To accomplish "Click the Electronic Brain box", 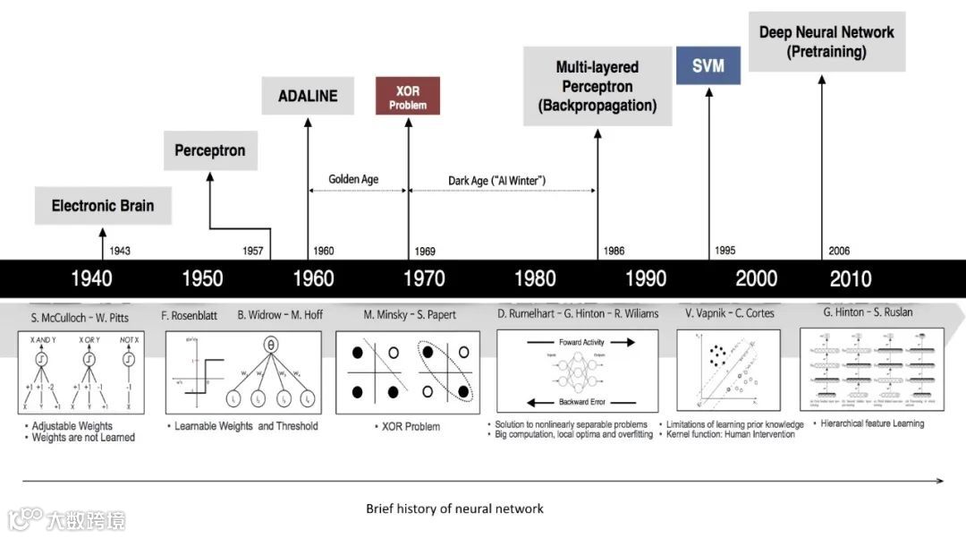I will [x=102, y=206].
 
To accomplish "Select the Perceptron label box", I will [x=210, y=150].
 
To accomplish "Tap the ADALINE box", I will [x=307, y=96].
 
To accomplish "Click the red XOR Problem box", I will [x=407, y=97].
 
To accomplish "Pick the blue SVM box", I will [x=708, y=66].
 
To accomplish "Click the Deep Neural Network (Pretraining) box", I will [x=826, y=42].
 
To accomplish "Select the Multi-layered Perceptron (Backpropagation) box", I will [x=597, y=87].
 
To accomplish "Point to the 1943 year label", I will [x=119, y=252].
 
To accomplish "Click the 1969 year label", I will [x=425, y=252].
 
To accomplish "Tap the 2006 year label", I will [x=839, y=252].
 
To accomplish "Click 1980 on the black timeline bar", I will [x=535, y=278].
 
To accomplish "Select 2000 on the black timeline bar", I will [x=756, y=278].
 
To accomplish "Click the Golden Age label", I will [x=353, y=179].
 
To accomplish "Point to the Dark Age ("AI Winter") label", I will [x=496, y=181].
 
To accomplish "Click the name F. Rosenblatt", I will [x=190, y=314].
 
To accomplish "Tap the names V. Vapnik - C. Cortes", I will [x=729, y=313].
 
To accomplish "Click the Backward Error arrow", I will [x=577, y=402].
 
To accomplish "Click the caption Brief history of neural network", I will [x=454, y=508].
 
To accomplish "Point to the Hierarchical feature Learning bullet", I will [x=872, y=423].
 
